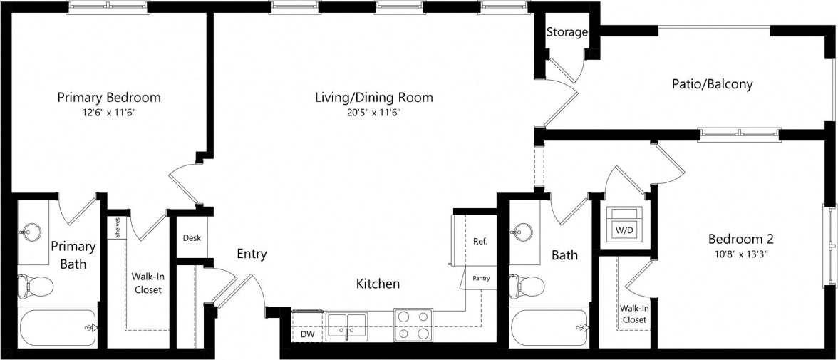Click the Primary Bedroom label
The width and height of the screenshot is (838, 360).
tap(109, 97)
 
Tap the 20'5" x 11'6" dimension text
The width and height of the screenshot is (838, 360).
tap(374, 113)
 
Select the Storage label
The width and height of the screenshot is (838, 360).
tap(567, 32)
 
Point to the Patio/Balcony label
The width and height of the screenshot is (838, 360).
tap(712, 84)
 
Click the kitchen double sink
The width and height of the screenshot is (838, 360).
tap(347, 324)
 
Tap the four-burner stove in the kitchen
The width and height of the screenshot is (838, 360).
tap(413, 324)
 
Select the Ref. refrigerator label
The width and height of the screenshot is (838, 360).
tap(480, 242)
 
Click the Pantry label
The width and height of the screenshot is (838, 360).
tap(481, 278)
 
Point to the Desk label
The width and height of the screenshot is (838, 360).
tap(191, 238)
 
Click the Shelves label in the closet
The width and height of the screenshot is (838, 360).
tap(116, 227)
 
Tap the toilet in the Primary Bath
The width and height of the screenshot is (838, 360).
tap(36, 286)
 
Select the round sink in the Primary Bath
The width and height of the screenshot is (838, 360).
tap(31, 231)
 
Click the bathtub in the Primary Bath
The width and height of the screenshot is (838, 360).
tap(57, 328)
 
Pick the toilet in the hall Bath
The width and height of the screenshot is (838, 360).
tap(527, 286)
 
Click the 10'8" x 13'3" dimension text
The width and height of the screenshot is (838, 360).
tap(740, 254)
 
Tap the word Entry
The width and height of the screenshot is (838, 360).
tap(252, 254)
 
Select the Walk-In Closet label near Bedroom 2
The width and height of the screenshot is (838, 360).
tap(633, 314)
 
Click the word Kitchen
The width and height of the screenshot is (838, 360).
tap(378, 284)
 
